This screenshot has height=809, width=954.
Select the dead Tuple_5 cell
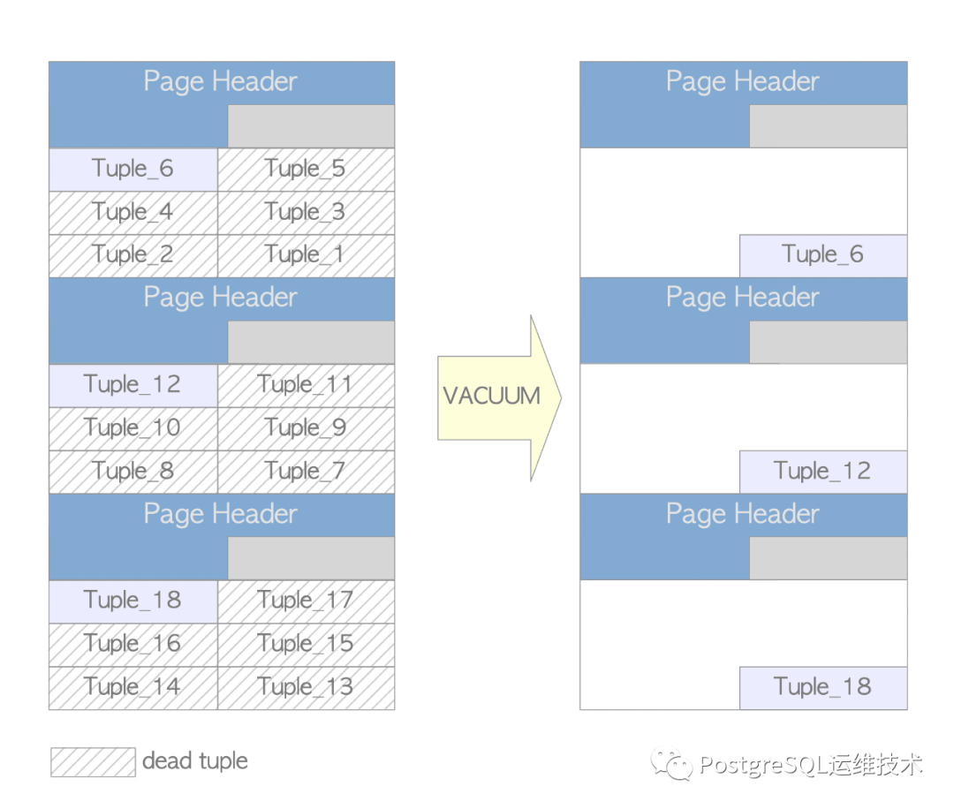(x=306, y=170)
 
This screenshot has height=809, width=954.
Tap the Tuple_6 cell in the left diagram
(x=133, y=170)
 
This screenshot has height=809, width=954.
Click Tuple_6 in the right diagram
(x=823, y=256)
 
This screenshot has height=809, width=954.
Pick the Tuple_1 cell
(x=306, y=256)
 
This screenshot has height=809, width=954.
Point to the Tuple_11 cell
(x=306, y=386)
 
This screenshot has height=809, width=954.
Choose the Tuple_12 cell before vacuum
(x=133, y=386)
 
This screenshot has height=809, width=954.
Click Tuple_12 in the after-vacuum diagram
(x=823, y=472)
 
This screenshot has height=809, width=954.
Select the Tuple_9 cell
(x=306, y=429)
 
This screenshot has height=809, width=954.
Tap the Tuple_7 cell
(x=306, y=472)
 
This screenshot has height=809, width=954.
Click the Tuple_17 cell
(x=306, y=601)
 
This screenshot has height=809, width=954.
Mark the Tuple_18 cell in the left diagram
(x=133, y=601)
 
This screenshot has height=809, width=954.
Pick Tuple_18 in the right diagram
(x=823, y=688)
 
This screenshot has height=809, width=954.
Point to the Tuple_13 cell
(x=306, y=688)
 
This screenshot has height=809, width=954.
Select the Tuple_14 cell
(x=133, y=688)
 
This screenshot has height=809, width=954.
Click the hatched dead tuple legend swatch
(x=93, y=762)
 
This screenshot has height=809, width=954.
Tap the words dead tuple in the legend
(x=194, y=761)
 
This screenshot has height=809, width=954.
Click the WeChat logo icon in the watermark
(x=671, y=763)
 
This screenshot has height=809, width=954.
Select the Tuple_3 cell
(x=306, y=213)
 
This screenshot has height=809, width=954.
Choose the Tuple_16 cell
(x=133, y=645)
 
